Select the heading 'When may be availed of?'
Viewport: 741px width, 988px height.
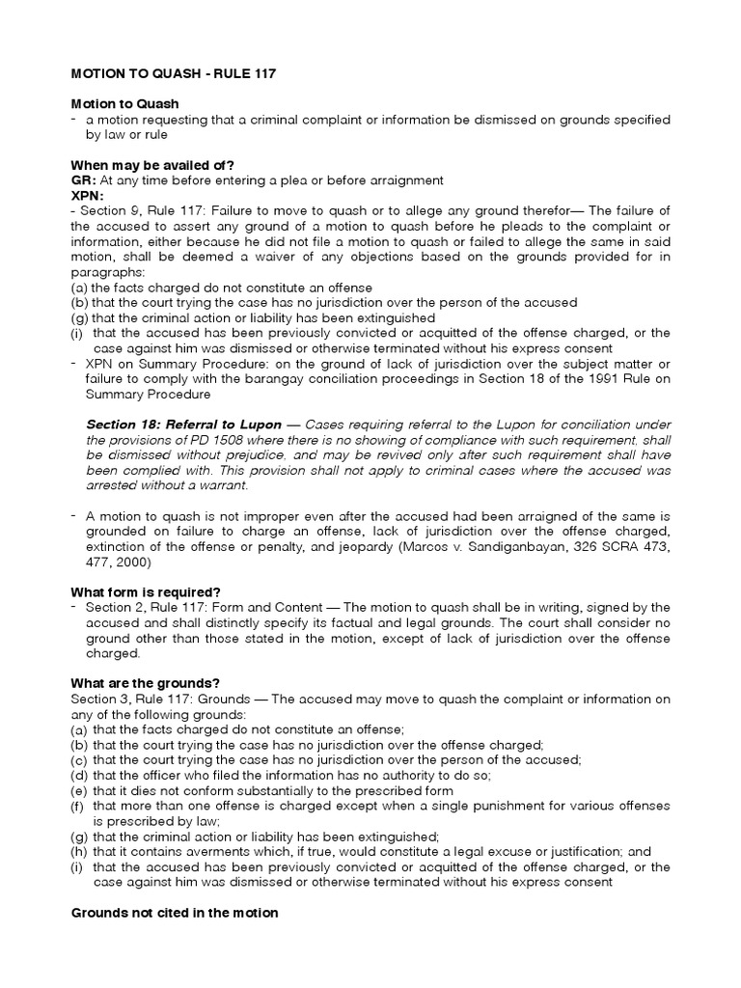coord(152,166)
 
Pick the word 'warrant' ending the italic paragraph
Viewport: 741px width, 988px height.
coord(228,486)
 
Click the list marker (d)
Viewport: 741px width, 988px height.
coord(78,775)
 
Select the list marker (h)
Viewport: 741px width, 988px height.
coord(78,852)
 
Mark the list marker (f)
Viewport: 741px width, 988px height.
coord(77,806)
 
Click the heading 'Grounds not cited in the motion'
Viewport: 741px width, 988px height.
coord(175,912)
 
